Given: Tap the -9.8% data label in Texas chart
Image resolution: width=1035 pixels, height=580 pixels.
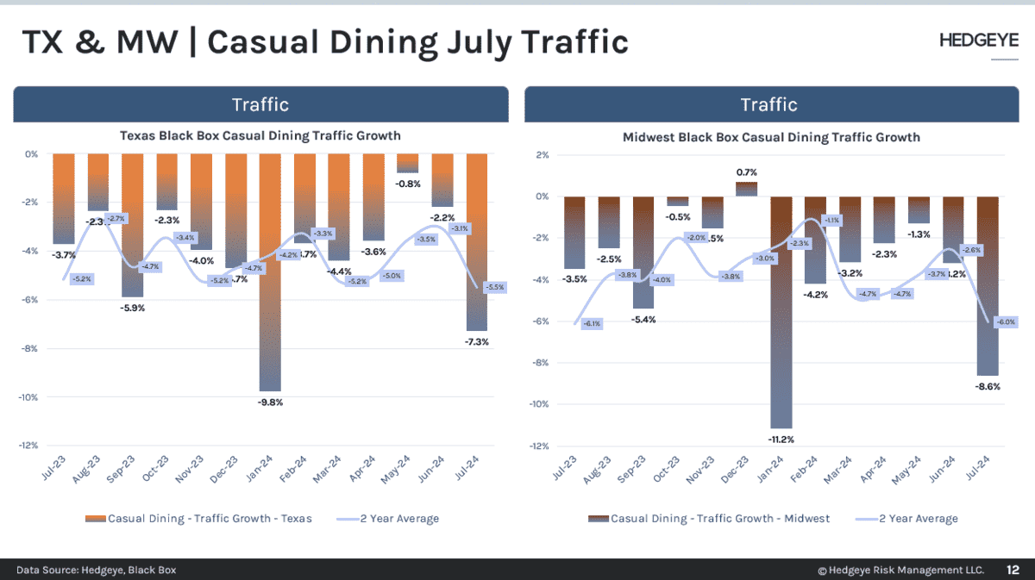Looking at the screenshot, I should [x=271, y=402].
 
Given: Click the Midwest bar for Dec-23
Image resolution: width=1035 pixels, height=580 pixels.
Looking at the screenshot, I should [x=746, y=189].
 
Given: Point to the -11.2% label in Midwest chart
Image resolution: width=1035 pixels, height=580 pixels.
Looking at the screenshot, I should [x=781, y=440].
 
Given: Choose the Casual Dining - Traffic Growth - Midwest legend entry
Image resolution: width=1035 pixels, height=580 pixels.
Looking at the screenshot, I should [x=709, y=518].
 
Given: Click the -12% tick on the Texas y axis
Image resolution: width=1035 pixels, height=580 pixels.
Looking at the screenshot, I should [x=30, y=446].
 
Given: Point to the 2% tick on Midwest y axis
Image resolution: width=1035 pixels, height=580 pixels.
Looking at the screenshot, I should [x=543, y=155].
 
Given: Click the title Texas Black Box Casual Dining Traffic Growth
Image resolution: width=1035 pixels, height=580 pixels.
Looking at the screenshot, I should [x=260, y=135].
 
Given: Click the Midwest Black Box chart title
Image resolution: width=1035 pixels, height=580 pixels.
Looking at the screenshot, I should [x=771, y=137].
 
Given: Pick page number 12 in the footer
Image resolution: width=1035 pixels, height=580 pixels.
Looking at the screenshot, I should [x=1013, y=570].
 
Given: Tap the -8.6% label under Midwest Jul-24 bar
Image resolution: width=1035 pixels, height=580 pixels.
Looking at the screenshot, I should [x=988, y=387].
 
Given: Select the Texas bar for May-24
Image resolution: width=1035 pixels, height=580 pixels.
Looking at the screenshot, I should [x=408, y=163].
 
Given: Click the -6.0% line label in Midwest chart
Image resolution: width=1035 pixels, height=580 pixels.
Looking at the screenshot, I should [x=1007, y=321].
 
